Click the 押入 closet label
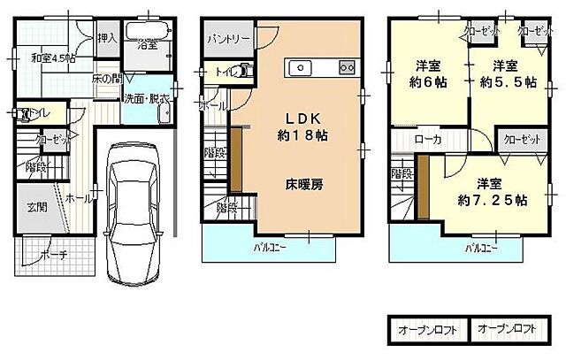tap(107, 39)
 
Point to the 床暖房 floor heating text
tap(302, 186)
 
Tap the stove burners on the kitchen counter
tap(348, 67)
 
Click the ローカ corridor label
tap(429, 140)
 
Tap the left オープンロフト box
tap(427, 330)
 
